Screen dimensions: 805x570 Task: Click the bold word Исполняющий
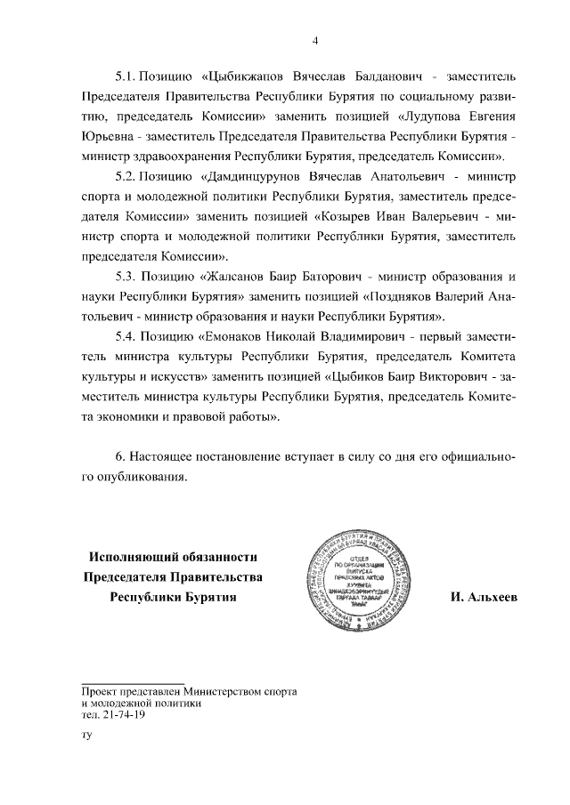pyautogui.click(x=134, y=557)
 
